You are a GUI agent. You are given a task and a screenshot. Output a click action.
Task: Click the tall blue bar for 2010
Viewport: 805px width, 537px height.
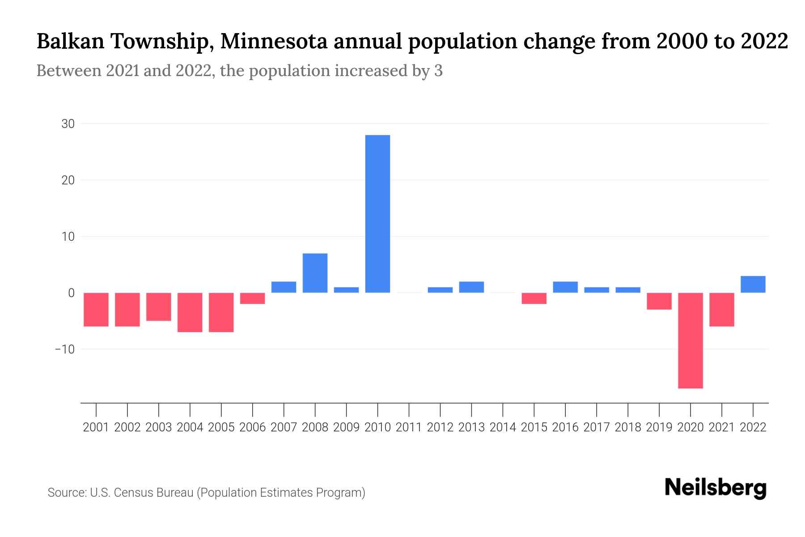click(377, 214)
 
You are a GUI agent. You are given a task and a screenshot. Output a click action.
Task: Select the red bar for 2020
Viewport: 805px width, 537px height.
click(691, 340)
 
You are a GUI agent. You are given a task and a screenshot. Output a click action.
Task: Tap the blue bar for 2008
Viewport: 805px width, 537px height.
click(315, 273)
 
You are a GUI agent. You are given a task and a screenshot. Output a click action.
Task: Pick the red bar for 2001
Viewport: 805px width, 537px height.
click(96, 309)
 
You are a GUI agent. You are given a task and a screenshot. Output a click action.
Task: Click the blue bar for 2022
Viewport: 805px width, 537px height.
click(753, 284)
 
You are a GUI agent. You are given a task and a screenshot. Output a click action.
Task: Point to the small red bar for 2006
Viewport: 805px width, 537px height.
click(253, 298)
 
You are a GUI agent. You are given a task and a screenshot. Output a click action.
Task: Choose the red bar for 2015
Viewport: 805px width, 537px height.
click(534, 298)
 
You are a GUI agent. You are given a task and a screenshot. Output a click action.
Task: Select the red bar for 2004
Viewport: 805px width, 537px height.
click(190, 312)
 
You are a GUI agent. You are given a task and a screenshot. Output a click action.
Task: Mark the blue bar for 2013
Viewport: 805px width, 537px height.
click(471, 287)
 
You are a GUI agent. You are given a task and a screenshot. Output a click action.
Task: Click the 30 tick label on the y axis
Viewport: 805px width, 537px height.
click(68, 124)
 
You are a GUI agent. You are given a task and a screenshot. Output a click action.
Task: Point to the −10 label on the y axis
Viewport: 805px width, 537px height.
click(65, 349)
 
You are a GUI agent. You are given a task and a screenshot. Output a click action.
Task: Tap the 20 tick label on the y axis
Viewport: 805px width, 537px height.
click(68, 180)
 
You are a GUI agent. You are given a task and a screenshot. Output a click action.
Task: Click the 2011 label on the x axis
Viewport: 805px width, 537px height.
click(409, 427)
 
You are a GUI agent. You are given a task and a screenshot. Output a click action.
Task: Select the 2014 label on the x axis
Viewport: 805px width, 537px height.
click(503, 427)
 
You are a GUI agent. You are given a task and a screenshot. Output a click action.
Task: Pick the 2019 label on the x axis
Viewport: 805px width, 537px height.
click(659, 427)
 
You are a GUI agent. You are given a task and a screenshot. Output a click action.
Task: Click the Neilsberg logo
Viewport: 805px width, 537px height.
click(716, 488)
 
